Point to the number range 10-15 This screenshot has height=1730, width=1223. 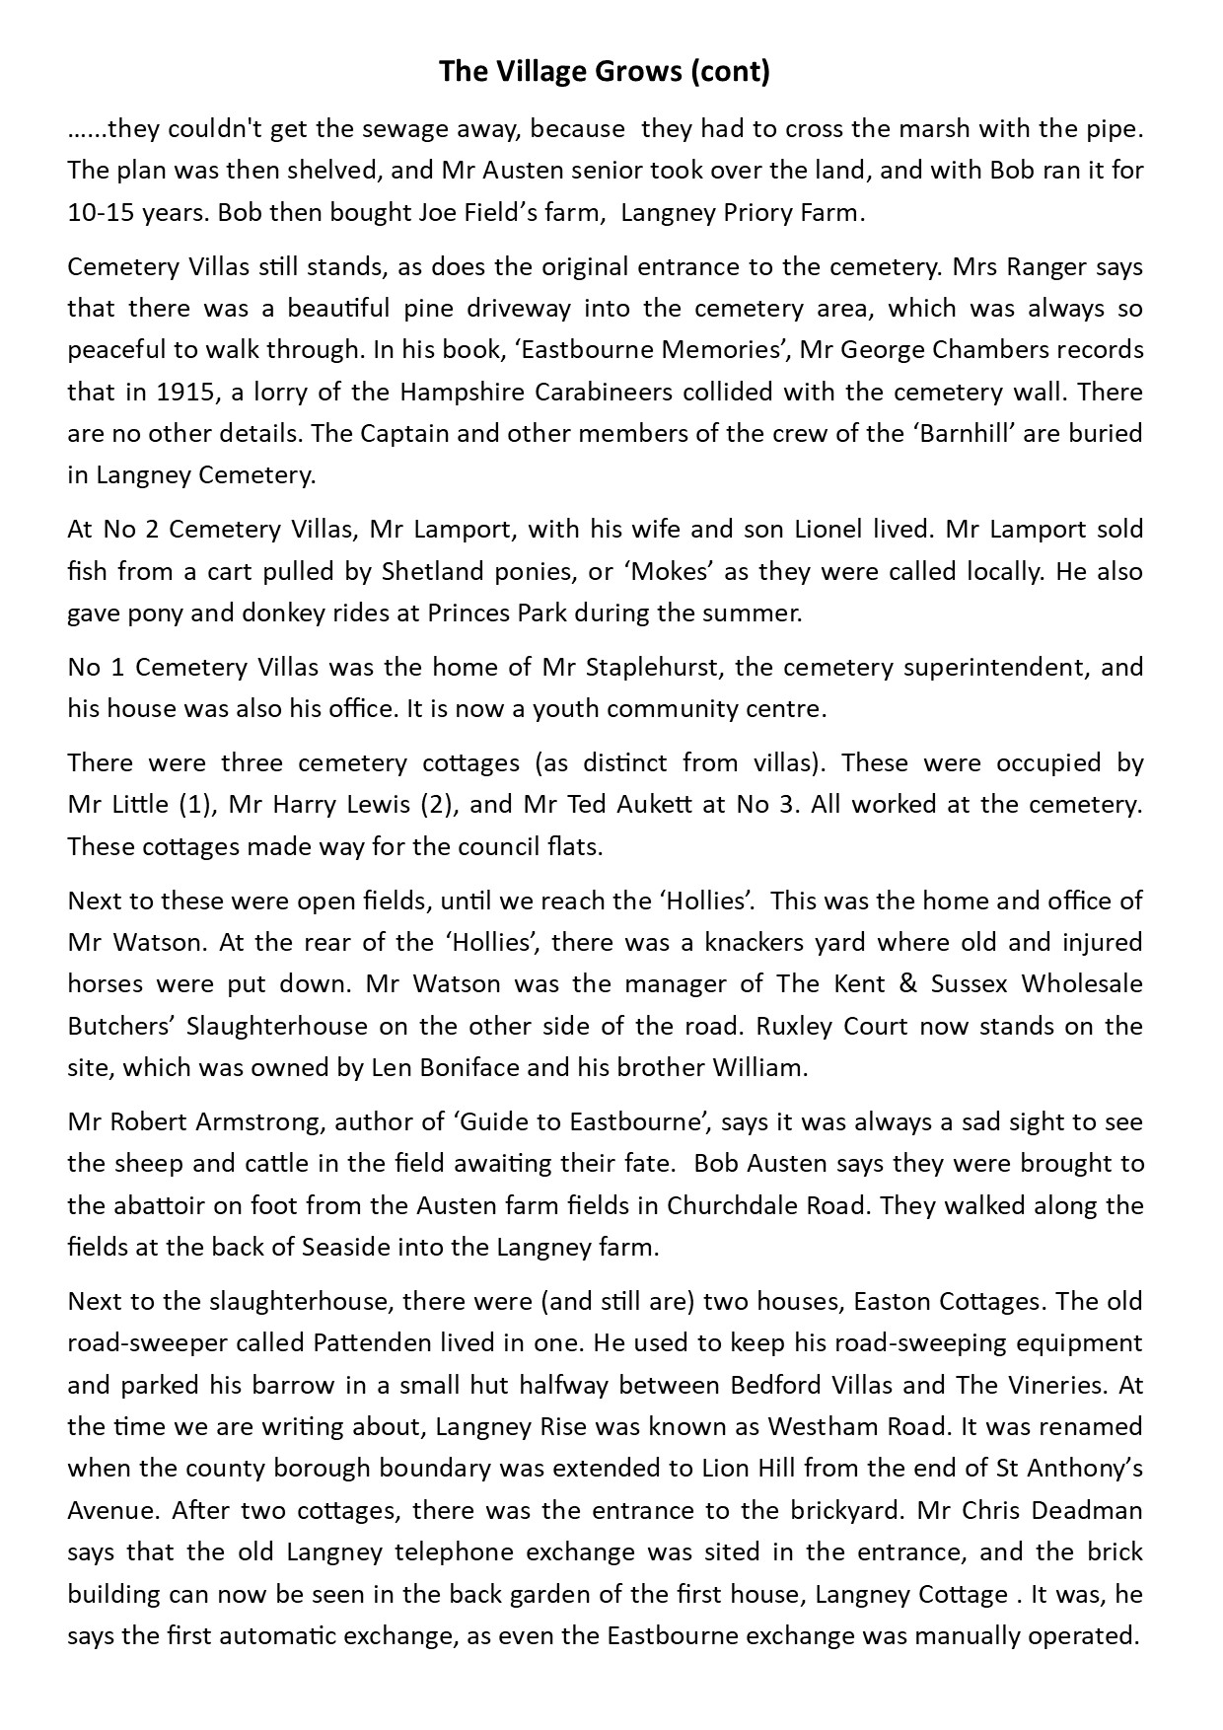tap(104, 213)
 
